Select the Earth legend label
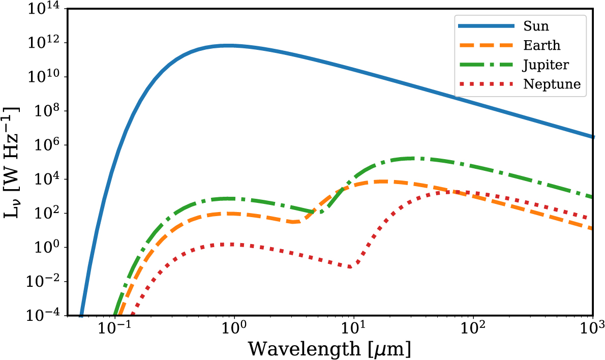(541, 45)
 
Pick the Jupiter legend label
(546, 65)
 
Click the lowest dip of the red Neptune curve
(351, 266)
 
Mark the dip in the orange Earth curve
(294, 222)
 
